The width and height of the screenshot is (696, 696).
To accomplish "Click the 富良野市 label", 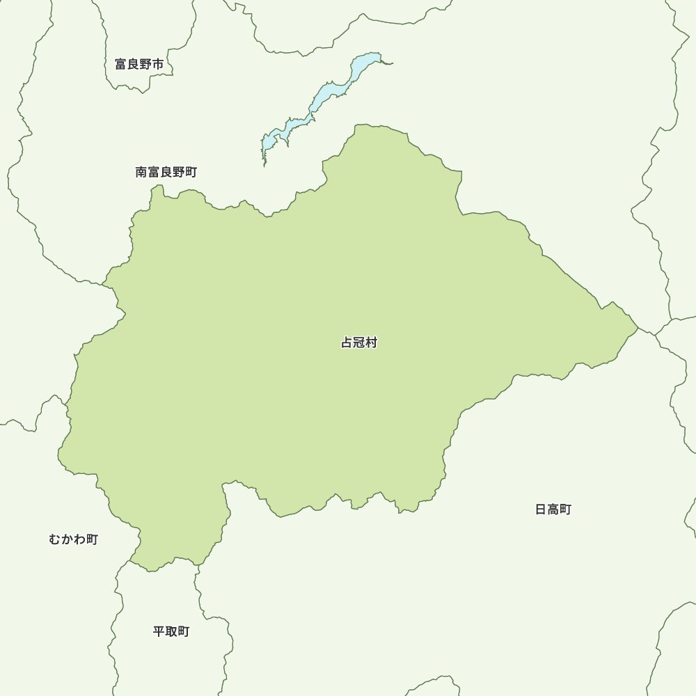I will pos(139,65).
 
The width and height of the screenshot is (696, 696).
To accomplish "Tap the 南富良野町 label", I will pos(166,172).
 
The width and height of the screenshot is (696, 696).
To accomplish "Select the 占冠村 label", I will pos(358,342).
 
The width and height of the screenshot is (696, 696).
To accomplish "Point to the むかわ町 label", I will pos(73,539).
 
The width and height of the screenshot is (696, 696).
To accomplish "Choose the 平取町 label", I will pos(171,632).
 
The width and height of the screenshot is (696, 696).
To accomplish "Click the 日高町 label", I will pos(553,509).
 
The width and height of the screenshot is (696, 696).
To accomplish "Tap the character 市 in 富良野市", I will pos(159,65).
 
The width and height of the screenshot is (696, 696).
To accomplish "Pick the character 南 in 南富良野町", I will pos(141,172).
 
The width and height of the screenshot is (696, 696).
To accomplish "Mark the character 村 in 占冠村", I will pos(371,342).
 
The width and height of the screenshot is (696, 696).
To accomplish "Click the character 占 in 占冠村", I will pos(347,342).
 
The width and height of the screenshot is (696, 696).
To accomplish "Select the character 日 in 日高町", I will pos(541,509).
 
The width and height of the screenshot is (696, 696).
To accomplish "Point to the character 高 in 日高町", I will pos(553,509).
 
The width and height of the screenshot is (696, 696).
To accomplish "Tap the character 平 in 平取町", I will pos(159,632).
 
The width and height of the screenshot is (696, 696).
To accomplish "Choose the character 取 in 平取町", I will pos(171,632).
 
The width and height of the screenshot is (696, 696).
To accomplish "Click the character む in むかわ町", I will pos(55,539).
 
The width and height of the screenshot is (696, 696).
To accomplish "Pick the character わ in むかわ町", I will pos(79,539).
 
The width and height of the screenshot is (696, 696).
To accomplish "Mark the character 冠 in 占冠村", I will pos(358,342).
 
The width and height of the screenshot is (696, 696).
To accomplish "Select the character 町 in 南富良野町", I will pos(191,172).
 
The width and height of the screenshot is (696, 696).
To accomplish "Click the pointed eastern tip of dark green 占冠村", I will pos(637,326).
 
